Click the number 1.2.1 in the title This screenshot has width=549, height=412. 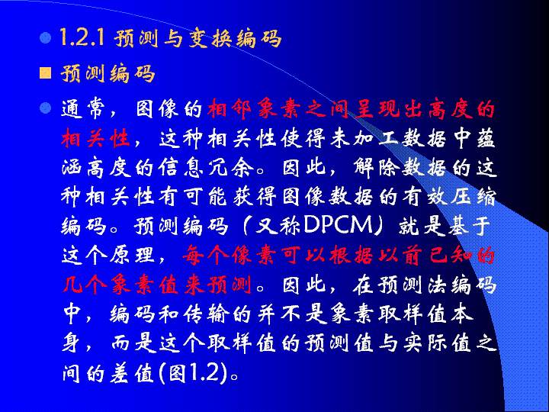coord(82,37)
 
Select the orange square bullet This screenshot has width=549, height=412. coord(46,73)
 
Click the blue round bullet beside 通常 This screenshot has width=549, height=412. coord(46,108)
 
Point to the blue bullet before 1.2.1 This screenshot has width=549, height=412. coord(46,37)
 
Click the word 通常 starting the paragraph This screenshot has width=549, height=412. coord(84,109)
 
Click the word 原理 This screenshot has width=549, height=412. coord(133,255)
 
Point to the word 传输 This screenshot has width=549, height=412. coord(205,314)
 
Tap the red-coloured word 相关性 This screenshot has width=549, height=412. coord(96,138)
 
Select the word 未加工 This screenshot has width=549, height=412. coord(364,138)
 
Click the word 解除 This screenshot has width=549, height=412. coord(376,167)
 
